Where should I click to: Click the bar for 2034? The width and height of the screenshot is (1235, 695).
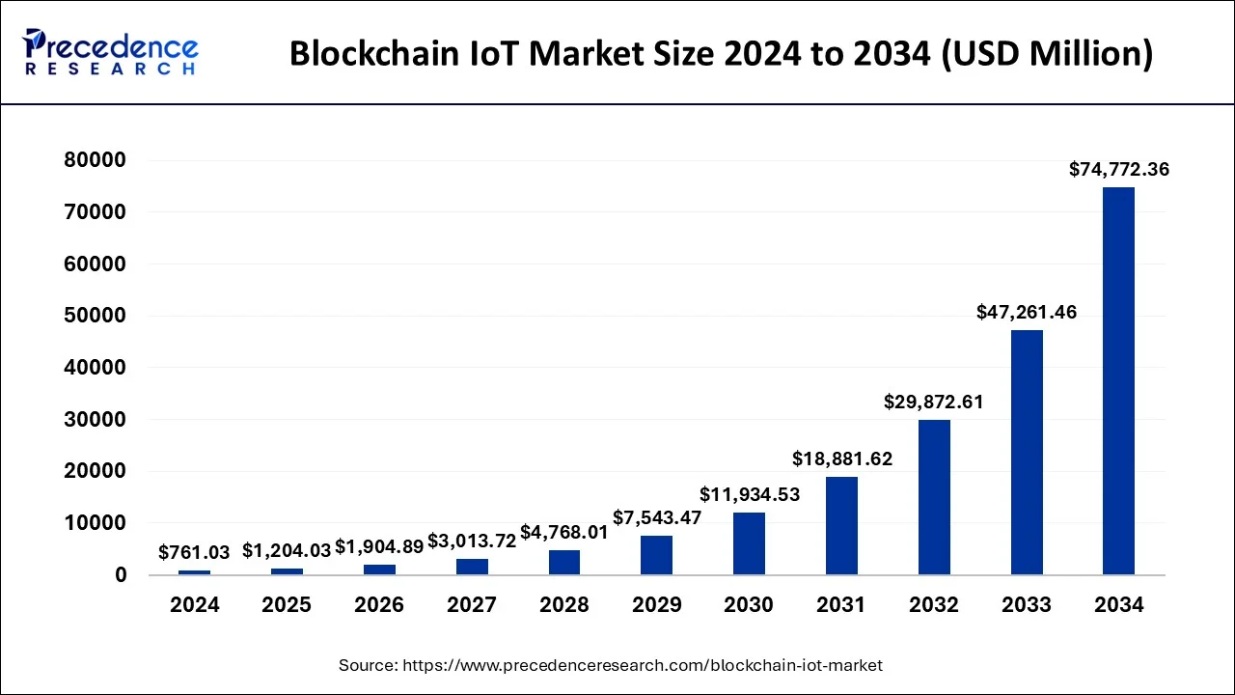(1118, 381)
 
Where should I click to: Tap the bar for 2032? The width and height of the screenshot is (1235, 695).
(934, 497)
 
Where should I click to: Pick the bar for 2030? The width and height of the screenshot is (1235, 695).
(749, 543)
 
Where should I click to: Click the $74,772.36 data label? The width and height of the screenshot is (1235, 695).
(1118, 170)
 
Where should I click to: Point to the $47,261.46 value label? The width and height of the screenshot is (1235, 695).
(1027, 313)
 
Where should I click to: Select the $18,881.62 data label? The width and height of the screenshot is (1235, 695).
(842, 459)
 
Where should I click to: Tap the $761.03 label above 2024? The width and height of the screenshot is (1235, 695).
(194, 552)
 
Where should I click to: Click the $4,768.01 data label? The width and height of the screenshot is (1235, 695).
(564, 533)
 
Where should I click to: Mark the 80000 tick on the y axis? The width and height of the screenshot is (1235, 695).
(95, 160)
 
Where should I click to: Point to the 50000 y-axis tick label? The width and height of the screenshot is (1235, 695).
(95, 316)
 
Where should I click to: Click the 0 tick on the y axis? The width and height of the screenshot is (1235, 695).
(120, 575)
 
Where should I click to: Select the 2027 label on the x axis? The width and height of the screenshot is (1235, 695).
(472, 605)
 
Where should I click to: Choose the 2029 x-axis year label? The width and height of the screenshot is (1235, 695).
(656, 605)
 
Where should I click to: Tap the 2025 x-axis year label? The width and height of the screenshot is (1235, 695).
(287, 605)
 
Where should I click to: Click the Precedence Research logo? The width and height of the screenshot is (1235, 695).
(111, 52)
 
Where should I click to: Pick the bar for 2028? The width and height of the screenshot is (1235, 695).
(564, 562)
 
